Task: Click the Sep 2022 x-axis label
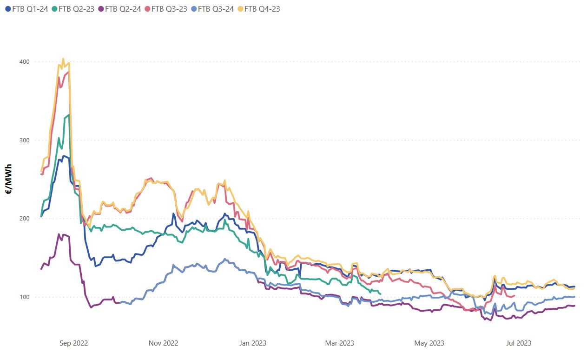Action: point(73,343)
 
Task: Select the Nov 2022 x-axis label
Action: point(163,343)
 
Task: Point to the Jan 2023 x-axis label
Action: point(252,343)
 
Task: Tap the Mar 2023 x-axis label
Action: point(340,343)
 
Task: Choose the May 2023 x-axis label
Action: point(429,343)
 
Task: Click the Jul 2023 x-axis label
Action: point(518,343)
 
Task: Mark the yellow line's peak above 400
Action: point(63,59)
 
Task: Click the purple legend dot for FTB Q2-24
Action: point(101,9)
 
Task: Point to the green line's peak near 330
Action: point(68,115)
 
